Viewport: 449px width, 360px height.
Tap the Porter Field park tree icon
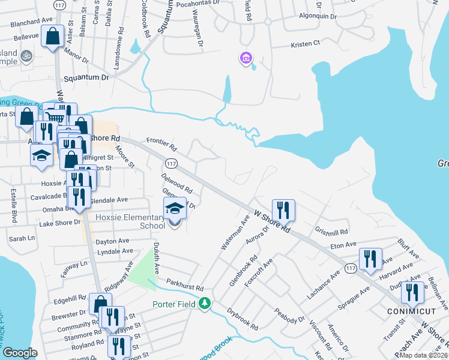[x=205, y=304]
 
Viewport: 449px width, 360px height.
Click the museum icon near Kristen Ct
[x=246, y=59]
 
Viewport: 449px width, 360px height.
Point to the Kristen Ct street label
[x=306, y=44]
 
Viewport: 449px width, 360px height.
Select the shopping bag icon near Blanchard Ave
[x=53, y=36]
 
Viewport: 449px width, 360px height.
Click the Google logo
[x=20, y=353]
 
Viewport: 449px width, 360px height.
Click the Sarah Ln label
[x=22, y=238]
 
